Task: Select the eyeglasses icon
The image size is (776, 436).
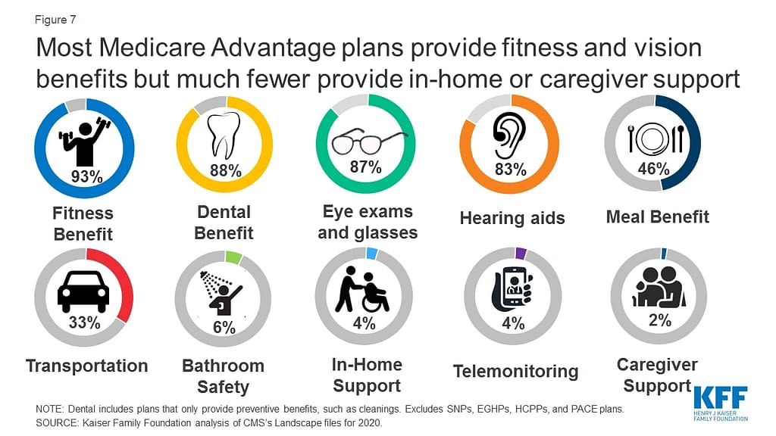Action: pos(365,142)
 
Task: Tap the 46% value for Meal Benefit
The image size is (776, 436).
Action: pos(653,169)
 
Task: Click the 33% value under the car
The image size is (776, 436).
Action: pos(85,322)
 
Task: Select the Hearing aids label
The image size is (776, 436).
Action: pos(512,219)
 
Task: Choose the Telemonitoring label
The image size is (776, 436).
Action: pos(515,372)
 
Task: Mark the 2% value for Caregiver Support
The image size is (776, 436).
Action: pos(659,320)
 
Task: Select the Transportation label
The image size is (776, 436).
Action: pos(87,366)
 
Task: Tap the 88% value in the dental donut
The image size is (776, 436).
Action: pos(225,171)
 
